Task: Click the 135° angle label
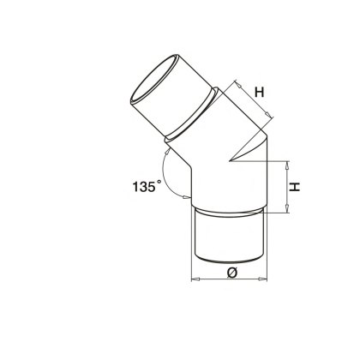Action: (x=136, y=184)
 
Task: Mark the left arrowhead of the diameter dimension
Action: (x=194, y=280)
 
